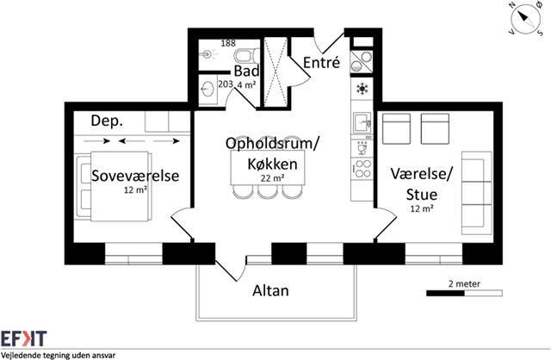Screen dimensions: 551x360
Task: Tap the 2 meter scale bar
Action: tap(464, 293)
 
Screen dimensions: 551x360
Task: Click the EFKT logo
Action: tap(23, 338)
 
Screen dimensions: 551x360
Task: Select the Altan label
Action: tap(270, 291)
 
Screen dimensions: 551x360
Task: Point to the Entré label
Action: tap(321, 63)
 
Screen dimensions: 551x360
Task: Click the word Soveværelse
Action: tap(135, 176)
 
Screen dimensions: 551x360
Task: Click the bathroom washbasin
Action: tap(208, 89)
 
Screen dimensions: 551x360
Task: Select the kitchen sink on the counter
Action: tap(362, 122)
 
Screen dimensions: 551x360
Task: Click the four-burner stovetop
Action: tap(362, 169)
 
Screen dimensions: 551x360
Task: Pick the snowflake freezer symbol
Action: tap(362, 88)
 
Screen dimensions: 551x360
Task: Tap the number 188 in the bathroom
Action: tap(228, 43)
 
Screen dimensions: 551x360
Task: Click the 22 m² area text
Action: tap(272, 178)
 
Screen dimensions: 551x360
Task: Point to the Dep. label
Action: tap(107, 121)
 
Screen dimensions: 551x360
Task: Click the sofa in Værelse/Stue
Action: tap(476, 193)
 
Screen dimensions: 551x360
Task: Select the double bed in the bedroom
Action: tap(115, 186)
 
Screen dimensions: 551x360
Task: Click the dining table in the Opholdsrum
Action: tap(268, 167)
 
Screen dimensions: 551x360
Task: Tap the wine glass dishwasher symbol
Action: tap(362, 148)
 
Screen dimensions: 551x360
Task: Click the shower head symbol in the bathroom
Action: tap(207, 54)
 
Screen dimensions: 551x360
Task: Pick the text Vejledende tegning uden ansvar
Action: tap(58, 356)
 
